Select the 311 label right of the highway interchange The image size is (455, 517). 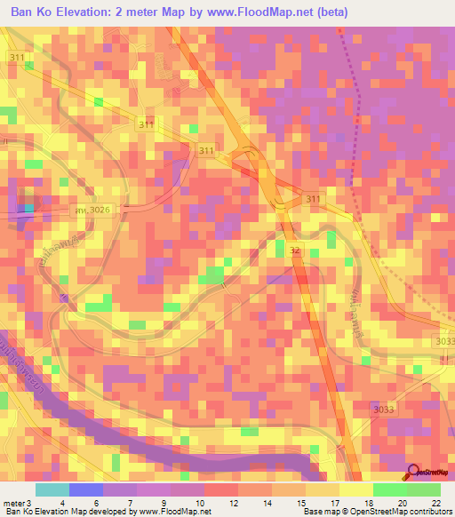tap(312, 198)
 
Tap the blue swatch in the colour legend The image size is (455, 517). tap(86, 489)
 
